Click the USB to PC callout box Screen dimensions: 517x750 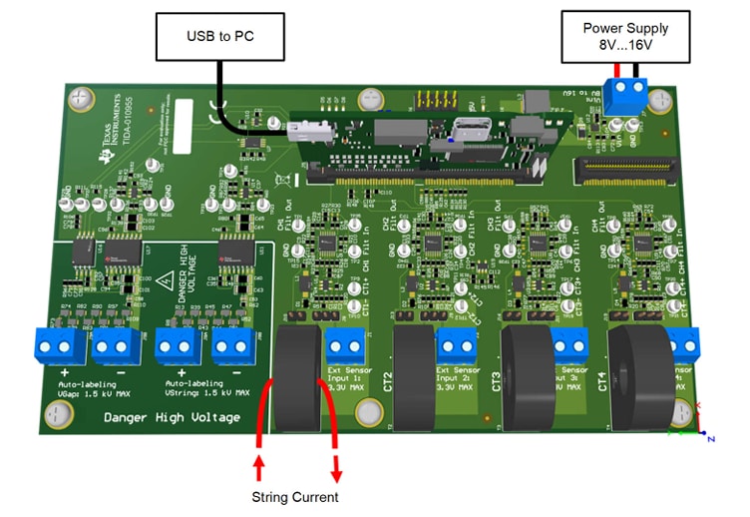point(220,37)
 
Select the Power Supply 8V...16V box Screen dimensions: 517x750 point(625,37)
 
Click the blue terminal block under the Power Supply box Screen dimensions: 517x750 point(627,96)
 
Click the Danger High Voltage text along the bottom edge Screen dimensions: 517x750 point(172,416)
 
